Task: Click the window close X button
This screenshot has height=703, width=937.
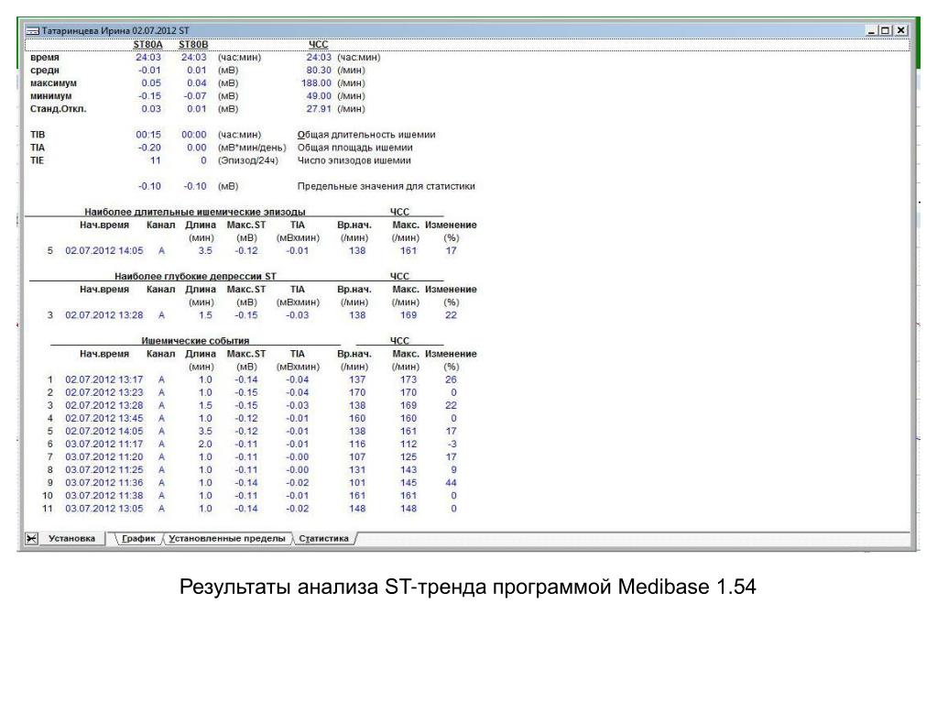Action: pyautogui.click(x=901, y=30)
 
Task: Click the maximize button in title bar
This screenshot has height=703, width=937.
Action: pyautogui.click(x=886, y=30)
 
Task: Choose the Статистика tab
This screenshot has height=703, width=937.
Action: pyautogui.click(x=323, y=539)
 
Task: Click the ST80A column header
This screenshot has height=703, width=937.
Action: pyautogui.click(x=147, y=44)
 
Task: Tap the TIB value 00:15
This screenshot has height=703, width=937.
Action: pyautogui.click(x=148, y=135)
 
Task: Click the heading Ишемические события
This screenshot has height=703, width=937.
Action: pyautogui.click(x=195, y=341)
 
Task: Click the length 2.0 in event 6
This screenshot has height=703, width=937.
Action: pyautogui.click(x=205, y=444)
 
